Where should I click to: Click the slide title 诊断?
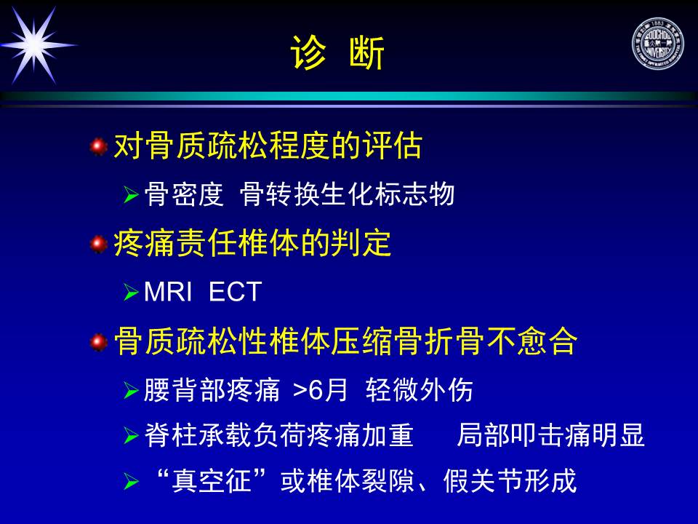[x=337, y=52]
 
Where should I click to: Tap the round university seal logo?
[x=657, y=44]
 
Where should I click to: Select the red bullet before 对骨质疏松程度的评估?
[x=98, y=146]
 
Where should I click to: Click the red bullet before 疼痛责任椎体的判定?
[x=98, y=245]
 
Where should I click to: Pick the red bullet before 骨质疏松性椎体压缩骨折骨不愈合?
[x=98, y=342]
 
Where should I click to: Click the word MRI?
[x=168, y=293]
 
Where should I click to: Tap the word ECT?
[x=235, y=293]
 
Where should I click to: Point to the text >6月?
[x=320, y=390]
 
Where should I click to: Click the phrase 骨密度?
[x=184, y=194]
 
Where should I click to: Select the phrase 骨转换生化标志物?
[x=347, y=194]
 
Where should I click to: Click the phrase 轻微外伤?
[x=419, y=390]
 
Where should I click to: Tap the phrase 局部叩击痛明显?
[x=550, y=435]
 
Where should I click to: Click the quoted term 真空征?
[x=212, y=481]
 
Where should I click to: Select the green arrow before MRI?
[x=131, y=293]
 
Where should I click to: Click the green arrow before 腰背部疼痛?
[x=131, y=391]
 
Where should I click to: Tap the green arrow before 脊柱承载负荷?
[x=131, y=435]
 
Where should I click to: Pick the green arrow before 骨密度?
[x=131, y=195]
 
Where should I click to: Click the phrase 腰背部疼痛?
[x=212, y=390]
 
